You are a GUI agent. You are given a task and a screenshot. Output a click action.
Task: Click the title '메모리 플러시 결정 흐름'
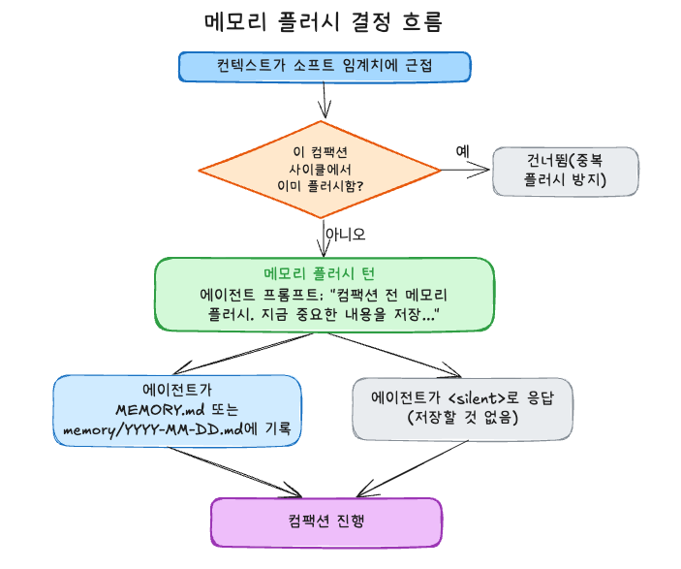click(325, 21)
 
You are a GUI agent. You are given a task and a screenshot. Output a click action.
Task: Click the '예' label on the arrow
click(462, 151)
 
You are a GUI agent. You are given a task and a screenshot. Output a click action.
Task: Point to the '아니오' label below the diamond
click(345, 234)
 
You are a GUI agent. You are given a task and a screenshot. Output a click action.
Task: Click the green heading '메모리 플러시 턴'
click(325, 274)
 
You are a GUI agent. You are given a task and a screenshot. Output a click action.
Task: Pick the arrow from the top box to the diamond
click(325, 101)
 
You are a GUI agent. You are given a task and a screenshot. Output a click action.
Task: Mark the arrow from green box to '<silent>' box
click(397, 354)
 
